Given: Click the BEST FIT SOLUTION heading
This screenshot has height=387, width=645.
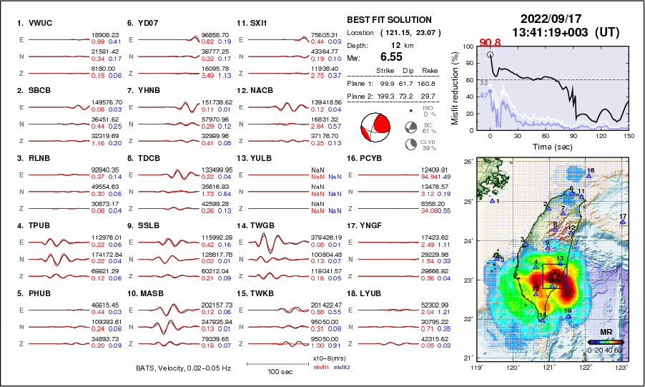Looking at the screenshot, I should (x=389, y=20).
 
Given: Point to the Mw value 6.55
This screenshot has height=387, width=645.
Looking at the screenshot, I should (x=392, y=57).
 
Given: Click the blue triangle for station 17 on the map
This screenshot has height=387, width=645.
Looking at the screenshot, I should (x=623, y=222).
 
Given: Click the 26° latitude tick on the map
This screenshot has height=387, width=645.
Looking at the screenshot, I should (x=468, y=162).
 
